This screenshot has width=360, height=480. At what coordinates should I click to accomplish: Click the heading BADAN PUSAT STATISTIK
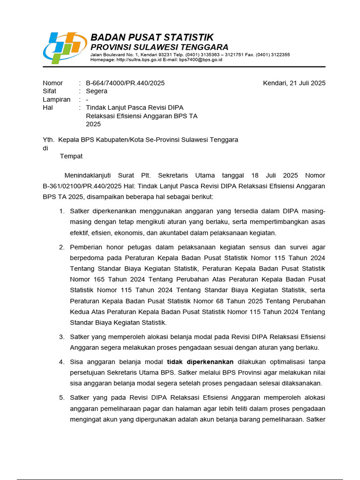(x=152, y=37)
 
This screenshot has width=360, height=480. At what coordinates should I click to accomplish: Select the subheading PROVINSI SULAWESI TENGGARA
(x=159, y=47)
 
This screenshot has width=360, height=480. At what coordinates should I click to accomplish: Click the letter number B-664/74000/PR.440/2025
(x=125, y=83)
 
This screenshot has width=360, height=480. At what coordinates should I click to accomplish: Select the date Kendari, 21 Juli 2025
(x=294, y=83)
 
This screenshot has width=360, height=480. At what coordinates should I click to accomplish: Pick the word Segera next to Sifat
(x=97, y=91)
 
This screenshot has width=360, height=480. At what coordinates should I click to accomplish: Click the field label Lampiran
(x=57, y=99)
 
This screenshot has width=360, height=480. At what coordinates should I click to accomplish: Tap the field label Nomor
(x=52, y=83)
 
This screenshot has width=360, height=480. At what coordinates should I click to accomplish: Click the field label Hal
(x=48, y=108)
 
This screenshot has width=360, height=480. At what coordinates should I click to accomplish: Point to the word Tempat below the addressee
(x=71, y=156)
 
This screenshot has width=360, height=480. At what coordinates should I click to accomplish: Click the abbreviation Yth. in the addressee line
(x=49, y=140)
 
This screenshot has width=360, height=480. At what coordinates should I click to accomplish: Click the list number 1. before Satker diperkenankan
(x=62, y=211)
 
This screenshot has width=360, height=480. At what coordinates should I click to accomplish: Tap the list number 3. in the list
(x=62, y=337)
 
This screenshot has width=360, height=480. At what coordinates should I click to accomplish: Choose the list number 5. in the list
(x=62, y=397)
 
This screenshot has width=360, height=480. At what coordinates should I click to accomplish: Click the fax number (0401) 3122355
(x=273, y=55)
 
